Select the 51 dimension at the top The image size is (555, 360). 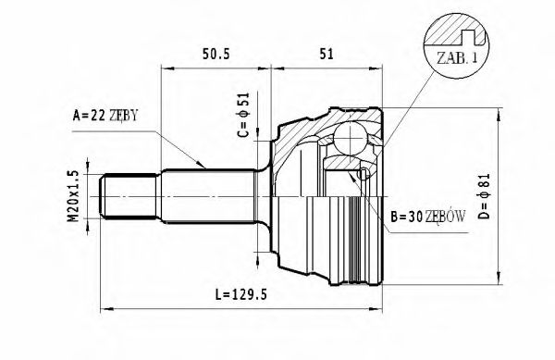pyautogui.click(x=325, y=54)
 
